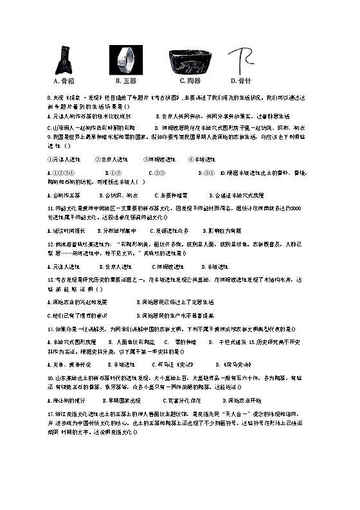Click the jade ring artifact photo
pos(126,62)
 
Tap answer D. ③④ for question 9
pos(206,173)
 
